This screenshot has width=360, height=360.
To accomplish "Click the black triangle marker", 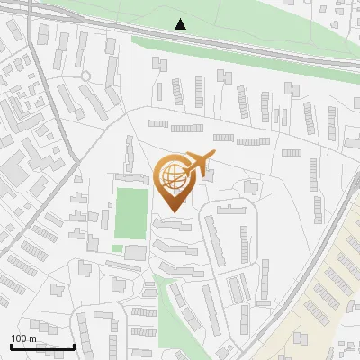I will coord(181,24).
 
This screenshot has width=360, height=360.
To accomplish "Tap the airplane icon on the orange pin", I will coord(199,162).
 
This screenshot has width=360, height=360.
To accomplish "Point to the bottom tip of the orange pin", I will coord(175,211).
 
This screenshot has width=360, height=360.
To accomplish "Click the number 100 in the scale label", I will coord(20,338).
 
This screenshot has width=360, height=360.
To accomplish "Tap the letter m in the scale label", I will coord(33,338).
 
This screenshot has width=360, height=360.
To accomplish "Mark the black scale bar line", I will coord(42,346).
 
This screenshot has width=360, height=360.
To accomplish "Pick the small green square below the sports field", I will coord(117,247).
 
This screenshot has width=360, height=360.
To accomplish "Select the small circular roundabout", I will coord(86,76).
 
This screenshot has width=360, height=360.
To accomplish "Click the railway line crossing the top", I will coord(252,49).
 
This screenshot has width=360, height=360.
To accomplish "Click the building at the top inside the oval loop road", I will coord(231,210).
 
